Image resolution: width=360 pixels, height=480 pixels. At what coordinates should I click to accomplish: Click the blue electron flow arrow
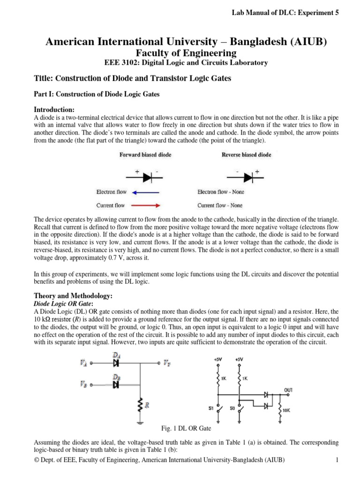[x=146, y=192]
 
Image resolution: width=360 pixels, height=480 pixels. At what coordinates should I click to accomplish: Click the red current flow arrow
[x=146, y=205]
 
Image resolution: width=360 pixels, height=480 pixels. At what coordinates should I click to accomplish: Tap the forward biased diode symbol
[x=146, y=177]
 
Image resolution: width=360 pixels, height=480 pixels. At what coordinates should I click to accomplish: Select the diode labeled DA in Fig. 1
[x=115, y=363]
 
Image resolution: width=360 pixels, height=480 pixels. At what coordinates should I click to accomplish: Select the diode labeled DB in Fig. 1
[x=115, y=385]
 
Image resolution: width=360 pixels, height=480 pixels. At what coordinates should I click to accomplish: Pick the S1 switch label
[x=211, y=408]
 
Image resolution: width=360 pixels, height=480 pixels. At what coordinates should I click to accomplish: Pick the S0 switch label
[x=232, y=408]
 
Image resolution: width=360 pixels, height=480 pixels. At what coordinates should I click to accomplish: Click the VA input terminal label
[x=83, y=363]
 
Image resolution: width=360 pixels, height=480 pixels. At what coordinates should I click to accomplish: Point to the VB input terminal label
[x=83, y=385]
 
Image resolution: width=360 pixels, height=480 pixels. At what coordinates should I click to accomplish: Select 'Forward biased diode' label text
[x=146, y=155]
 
